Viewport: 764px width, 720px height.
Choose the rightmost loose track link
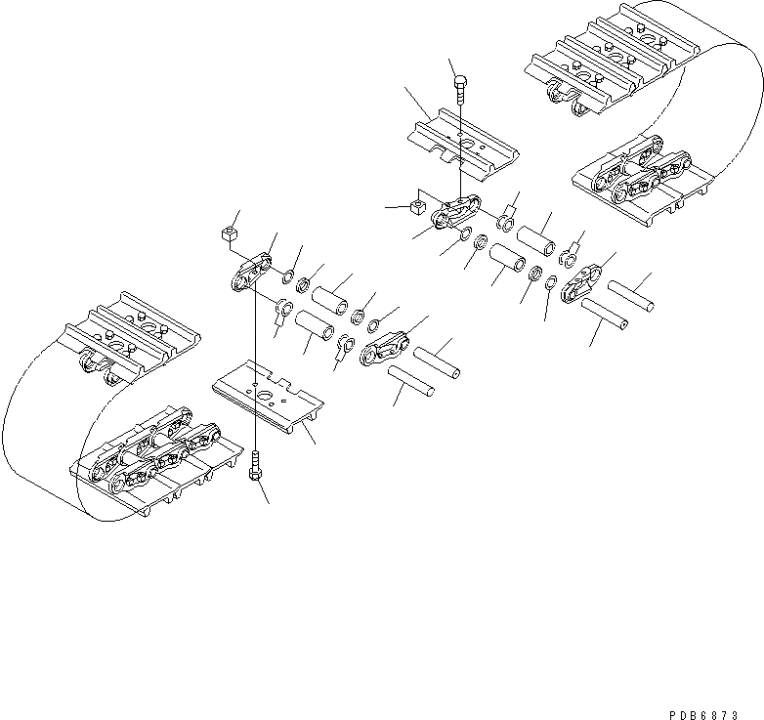(x=589, y=280)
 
